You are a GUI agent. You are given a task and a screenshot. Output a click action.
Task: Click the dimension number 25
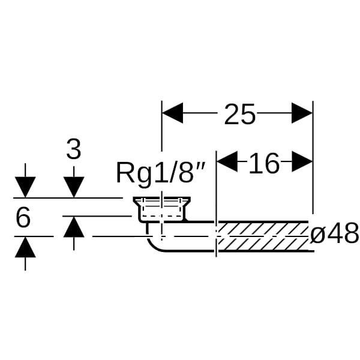tap(240, 114)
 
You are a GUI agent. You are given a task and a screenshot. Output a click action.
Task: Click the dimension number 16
tap(264, 163)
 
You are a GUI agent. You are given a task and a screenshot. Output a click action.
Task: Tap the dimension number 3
tap(73, 149)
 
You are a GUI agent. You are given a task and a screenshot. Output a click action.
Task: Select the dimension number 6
tap(23, 218)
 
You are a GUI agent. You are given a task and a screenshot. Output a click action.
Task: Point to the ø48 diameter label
tap(334, 234)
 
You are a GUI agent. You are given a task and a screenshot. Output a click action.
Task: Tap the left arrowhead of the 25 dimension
tap(173, 113)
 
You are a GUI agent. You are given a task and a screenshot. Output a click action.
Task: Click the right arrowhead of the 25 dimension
tap(302, 113)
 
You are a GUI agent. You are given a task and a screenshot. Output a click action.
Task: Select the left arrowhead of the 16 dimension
tap(226, 161)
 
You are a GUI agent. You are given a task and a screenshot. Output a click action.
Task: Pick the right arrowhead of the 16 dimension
tap(302, 161)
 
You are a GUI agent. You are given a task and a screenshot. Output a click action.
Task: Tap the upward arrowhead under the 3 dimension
tap(73, 227)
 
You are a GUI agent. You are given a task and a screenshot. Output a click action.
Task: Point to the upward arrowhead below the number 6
tap(25, 247)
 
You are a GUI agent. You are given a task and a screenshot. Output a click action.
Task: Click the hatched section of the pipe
tap(264, 235)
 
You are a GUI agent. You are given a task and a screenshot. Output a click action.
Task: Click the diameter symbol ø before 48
tap(317, 235)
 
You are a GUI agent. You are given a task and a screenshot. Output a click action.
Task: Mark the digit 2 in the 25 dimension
tap(232, 114)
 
